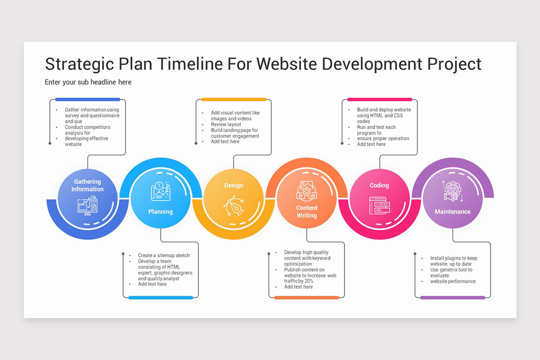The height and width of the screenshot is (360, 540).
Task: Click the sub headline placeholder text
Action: (x=88, y=82)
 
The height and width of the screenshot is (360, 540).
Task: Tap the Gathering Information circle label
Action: (x=87, y=185)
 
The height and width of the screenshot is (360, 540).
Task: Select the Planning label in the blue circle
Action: (x=161, y=211)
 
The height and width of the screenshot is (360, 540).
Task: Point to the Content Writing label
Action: (x=306, y=211)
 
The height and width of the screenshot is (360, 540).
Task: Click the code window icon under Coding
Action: (x=379, y=205)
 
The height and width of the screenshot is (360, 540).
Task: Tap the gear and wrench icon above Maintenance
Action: (x=452, y=191)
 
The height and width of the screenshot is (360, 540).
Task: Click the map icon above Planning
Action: (x=161, y=191)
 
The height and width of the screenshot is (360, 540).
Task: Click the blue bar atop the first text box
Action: (x=88, y=99)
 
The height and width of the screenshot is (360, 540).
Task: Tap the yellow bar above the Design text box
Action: (x=234, y=99)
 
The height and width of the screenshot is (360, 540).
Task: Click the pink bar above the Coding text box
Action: (x=379, y=99)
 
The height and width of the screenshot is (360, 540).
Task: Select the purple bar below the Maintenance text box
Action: (x=453, y=297)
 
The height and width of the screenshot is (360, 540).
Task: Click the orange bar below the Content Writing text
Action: (x=306, y=297)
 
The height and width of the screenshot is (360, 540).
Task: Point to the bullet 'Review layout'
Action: (x=226, y=124)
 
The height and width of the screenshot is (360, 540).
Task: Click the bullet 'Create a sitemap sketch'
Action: (x=164, y=255)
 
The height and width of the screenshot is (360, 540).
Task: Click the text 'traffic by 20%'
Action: (x=299, y=281)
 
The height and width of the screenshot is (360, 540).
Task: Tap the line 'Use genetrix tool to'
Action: (x=451, y=270)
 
